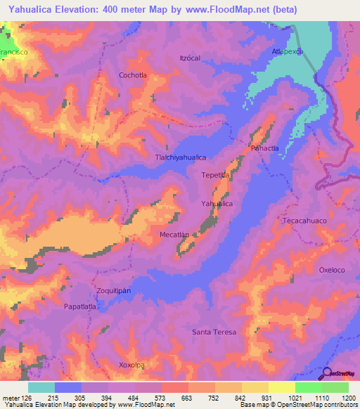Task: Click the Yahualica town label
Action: (x=217, y=203)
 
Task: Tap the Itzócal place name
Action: (x=191, y=58)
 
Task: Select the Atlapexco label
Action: (x=287, y=53)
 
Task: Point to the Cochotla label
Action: (x=133, y=74)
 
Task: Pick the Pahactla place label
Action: (x=264, y=149)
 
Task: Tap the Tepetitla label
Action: (x=216, y=174)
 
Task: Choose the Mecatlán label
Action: (x=175, y=235)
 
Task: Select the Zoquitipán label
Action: (x=113, y=290)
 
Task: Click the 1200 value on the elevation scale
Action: (x=340, y=397)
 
